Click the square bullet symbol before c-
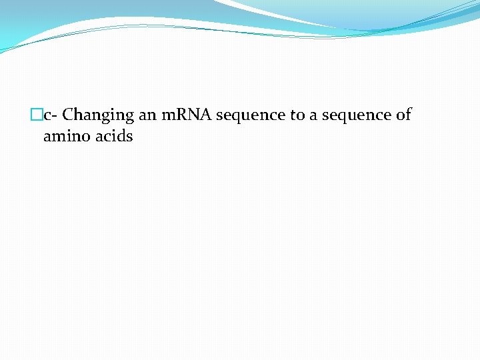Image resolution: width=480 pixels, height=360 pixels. (x=37, y=115)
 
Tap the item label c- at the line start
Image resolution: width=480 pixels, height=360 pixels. (x=51, y=115)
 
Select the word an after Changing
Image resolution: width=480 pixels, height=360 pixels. (x=147, y=115)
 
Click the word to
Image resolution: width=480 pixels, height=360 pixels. (x=297, y=115)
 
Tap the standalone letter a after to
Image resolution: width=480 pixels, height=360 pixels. (x=313, y=115)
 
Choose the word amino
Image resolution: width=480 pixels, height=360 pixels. (x=65, y=137)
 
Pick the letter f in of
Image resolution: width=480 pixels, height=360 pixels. (x=408, y=114)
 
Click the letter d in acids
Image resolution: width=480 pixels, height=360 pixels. (x=121, y=137)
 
